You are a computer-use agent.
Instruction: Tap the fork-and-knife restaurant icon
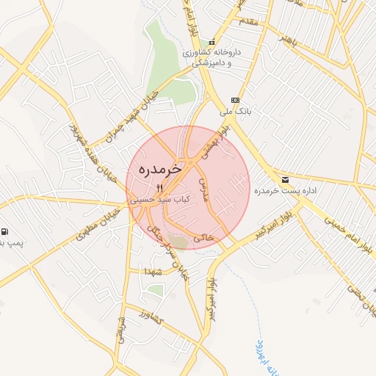click(160, 188)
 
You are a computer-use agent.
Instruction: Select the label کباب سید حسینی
click(159, 199)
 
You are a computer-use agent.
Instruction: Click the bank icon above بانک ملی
click(235, 101)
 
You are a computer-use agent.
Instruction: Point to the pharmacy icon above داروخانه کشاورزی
click(212, 42)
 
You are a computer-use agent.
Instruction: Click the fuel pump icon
click(6, 231)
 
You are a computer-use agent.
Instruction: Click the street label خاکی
click(203, 238)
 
